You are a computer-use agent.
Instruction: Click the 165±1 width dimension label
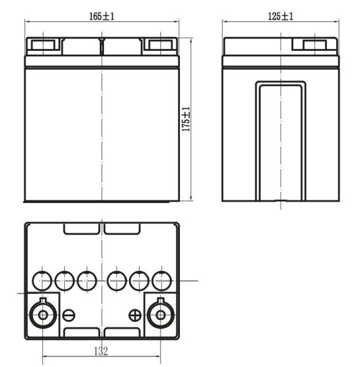click(102, 17)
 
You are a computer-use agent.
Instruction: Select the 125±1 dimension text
click(280, 17)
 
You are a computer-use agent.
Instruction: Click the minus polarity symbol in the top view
click(69, 315)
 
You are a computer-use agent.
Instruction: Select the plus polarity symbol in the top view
click(135, 315)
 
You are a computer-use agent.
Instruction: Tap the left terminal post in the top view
click(43, 314)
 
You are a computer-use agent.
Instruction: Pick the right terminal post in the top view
click(161, 314)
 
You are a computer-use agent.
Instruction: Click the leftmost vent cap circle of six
click(42, 281)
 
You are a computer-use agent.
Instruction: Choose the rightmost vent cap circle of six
click(162, 281)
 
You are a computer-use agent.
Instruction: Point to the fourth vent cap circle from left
click(116, 281)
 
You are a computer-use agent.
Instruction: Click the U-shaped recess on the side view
click(280, 141)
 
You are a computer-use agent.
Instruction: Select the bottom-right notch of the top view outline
click(121, 333)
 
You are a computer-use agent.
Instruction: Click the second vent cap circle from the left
click(64, 281)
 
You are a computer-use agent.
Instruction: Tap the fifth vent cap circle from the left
click(139, 281)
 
